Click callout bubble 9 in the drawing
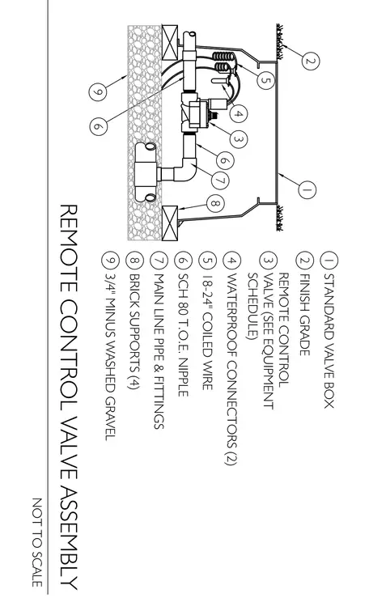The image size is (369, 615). click(x=98, y=91)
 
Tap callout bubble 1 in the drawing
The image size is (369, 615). click(x=307, y=189)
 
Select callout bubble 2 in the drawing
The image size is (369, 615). click(x=311, y=61)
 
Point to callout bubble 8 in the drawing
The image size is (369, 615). click(x=215, y=204)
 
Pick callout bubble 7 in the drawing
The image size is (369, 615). click(x=219, y=180)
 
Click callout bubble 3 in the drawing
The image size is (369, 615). click(x=239, y=138)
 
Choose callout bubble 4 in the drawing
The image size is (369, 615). click(x=239, y=114)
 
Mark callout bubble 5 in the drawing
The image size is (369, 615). click(x=266, y=80)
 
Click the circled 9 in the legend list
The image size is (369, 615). click(x=111, y=261)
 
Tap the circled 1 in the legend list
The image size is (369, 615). click(x=329, y=261)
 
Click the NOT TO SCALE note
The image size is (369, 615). click(x=37, y=542)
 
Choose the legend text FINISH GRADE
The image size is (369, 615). click(x=305, y=315)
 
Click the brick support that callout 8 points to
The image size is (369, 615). click(x=170, y=223)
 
